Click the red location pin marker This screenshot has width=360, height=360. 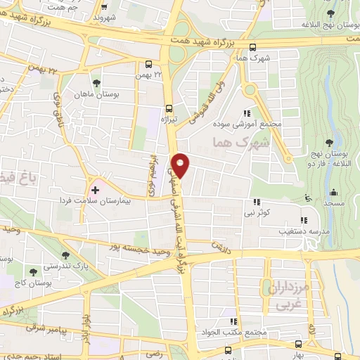181,165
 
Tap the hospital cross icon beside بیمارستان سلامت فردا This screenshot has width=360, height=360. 96,191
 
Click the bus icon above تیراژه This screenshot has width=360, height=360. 168,108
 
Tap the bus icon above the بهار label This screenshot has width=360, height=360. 299,344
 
